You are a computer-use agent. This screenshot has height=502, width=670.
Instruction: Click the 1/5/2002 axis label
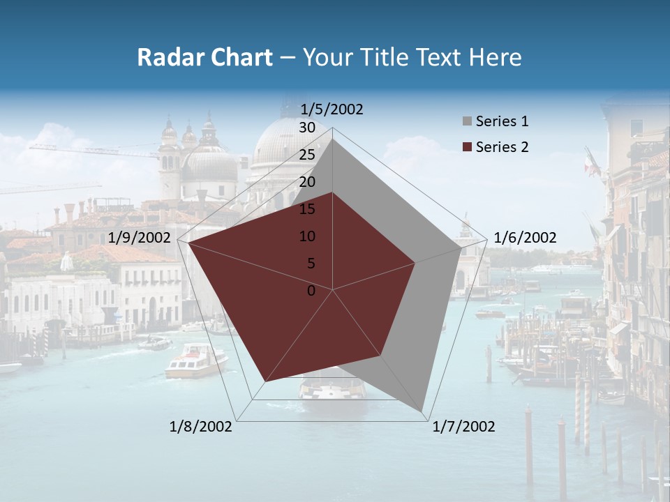tap(332, 109)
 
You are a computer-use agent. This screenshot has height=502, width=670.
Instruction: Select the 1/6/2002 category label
tap(525, 238)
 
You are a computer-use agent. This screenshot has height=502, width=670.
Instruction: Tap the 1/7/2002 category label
tap(463, 427)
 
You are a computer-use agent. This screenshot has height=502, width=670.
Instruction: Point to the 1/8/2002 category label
tap(201, 427)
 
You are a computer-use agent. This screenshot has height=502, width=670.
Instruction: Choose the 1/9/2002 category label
tap(140, 238)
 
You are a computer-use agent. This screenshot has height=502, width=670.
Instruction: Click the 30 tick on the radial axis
tap(307, 128)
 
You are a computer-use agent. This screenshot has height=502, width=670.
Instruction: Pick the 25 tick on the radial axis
tap(307, 155)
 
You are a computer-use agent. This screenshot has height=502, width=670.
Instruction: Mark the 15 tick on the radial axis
tap(307, 209)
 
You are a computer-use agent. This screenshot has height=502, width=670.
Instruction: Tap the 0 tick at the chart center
tap(311, 291)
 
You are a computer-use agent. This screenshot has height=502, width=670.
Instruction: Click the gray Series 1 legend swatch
tap(467, 122)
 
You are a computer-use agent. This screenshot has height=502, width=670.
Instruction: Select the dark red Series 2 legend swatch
tap(467, 147)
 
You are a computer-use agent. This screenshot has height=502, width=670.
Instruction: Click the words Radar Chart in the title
tap(204, 58)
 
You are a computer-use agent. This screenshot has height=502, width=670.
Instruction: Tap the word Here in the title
tap(495, 58)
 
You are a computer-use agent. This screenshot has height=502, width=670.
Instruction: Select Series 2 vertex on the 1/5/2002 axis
tap(333, 192)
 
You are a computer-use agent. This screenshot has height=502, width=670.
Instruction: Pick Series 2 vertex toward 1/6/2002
tap(415, 263)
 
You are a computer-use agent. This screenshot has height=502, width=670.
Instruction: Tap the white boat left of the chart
tap(195, 360)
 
